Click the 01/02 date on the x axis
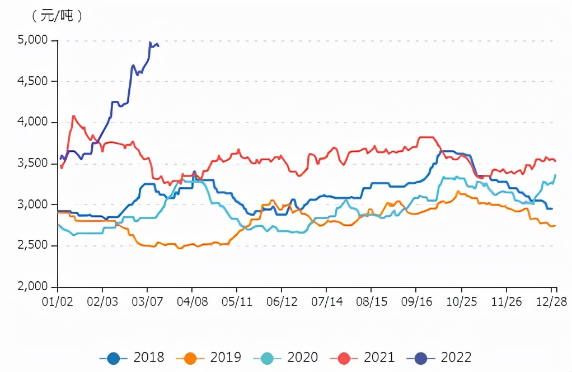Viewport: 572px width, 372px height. [58, 301]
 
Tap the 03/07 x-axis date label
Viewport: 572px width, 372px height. [147, 301]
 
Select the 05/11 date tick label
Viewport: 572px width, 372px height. [237, 301]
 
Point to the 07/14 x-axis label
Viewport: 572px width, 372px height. [326, 301]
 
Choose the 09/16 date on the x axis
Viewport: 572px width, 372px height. [416, 301]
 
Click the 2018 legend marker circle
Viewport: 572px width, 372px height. [114, 357]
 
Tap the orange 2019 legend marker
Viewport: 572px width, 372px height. [190, 357]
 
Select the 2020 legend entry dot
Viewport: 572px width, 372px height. [267, 357]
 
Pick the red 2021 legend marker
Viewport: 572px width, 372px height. [344, 357]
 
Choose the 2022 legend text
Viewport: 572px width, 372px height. [456, 357]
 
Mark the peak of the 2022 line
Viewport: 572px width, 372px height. [150, 42]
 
